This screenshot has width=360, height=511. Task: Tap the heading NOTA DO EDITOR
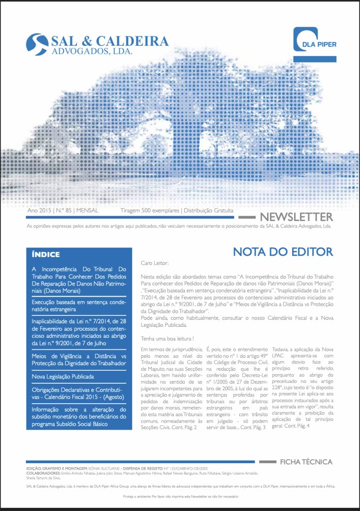283,252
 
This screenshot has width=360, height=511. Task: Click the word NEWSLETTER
297,217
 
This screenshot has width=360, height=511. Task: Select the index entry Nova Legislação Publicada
62,376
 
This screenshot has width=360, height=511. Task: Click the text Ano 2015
38,211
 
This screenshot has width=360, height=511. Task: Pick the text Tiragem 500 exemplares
150,211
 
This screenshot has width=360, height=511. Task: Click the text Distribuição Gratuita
209,211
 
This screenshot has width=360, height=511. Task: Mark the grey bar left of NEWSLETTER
247,218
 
